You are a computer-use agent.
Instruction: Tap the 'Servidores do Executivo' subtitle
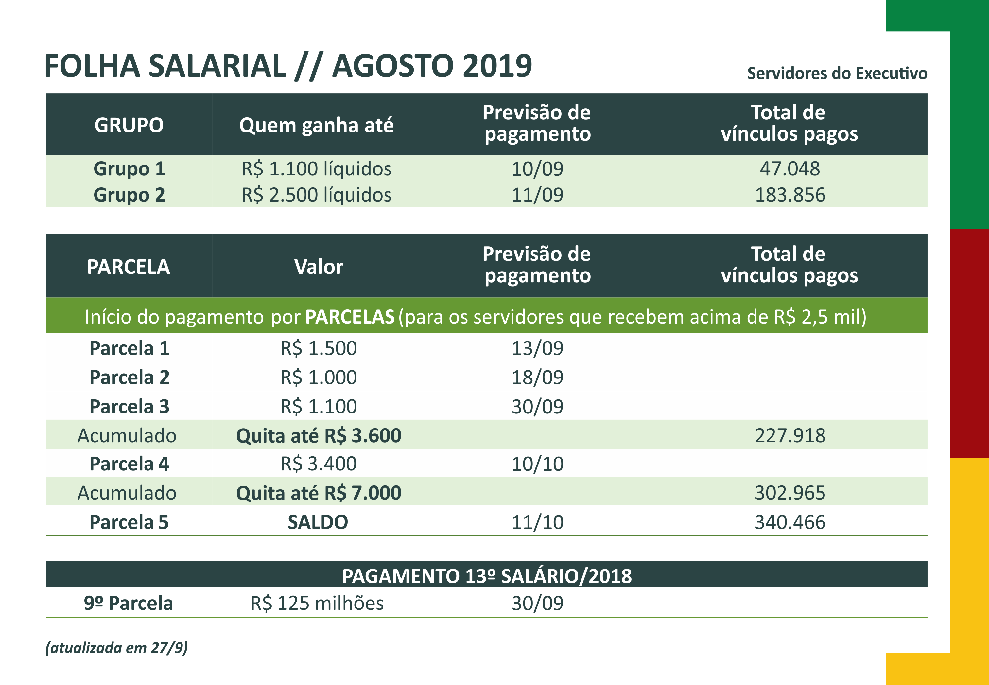coord(837,73)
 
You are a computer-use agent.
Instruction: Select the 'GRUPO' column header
coord(129,125)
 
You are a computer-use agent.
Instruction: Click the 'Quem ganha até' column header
coord(316,125)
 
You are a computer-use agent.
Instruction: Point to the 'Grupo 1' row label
coord(129,169)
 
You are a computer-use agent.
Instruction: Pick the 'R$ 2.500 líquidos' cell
coord(316,195)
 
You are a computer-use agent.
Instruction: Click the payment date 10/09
coord(537,169)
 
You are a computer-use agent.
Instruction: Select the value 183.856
coord(789,195)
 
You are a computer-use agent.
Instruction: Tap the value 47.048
coord(789,169)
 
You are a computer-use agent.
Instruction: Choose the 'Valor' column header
coord(318,267)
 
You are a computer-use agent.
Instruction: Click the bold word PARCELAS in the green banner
coord(350,317)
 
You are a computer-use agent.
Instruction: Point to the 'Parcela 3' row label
coord(129,406)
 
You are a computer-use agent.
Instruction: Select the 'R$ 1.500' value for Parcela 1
coord(318,348)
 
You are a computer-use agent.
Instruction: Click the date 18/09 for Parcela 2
coord(537,377)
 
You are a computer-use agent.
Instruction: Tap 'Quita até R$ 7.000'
coord(318,493)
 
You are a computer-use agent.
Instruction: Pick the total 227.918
coord(789,436)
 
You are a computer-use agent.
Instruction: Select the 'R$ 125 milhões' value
coord(317,603)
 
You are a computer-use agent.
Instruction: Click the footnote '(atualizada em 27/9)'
coord(117,647)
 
